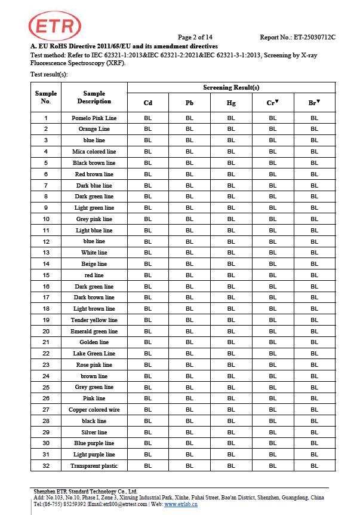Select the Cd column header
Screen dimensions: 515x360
[148, 103]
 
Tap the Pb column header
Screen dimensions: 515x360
[189, 103]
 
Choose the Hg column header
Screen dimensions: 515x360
[231, 103]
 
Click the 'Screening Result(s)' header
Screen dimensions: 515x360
[231, 87]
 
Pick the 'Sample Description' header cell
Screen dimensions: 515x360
[94, 97]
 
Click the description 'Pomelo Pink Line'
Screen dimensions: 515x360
[94, 118]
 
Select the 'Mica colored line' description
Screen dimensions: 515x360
[94, 152]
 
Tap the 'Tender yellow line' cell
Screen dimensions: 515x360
[94, 320]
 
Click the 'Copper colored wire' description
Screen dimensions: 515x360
[94, 410]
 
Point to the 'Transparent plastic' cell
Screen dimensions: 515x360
[94, 466]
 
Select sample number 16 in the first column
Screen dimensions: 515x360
[46, 287]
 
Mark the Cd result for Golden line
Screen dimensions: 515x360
[148, 342]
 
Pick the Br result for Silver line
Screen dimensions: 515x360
[314, 433]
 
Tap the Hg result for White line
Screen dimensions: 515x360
[231, 253]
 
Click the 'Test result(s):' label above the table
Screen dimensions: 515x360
[49, 74]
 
